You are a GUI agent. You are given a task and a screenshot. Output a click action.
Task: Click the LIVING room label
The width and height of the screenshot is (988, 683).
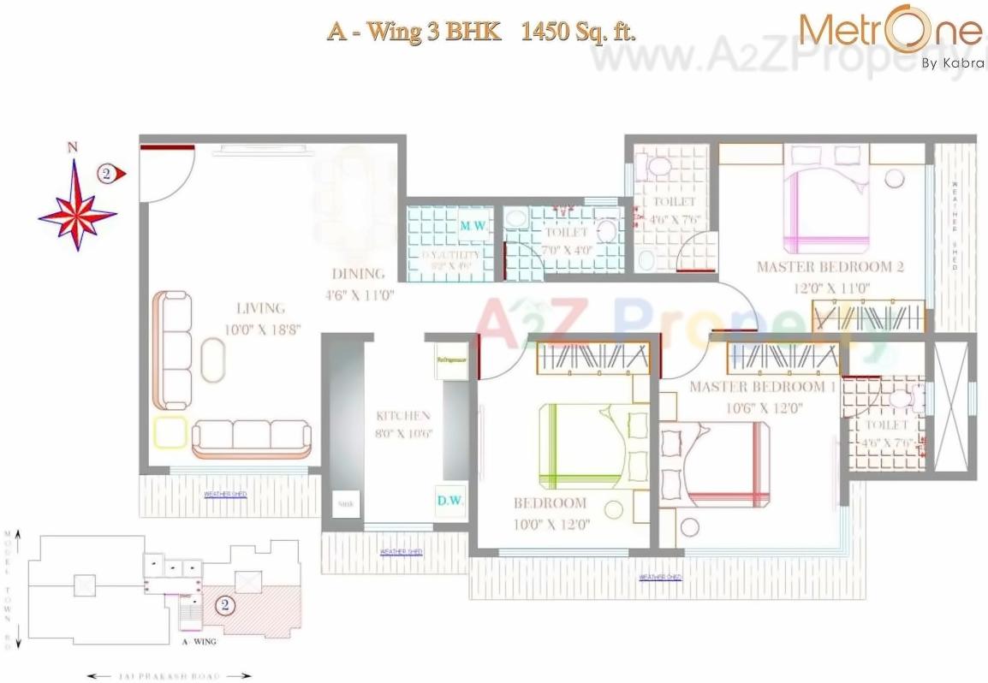(x=261, y=308)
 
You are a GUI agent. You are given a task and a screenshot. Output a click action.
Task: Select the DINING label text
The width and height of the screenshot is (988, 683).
(x=359, y=275)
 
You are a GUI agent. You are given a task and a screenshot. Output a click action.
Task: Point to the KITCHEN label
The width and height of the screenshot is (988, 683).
(x=403, y=416)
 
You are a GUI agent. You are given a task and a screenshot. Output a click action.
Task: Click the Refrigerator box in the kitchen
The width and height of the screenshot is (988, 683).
(x=451, y=361)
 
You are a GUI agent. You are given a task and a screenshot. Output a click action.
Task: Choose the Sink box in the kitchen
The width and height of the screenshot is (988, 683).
(x=345, y=504)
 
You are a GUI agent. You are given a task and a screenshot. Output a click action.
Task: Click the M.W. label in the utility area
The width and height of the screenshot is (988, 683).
(x=473, y=226)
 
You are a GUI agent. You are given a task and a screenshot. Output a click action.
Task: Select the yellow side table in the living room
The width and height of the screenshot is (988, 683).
(x=170, y=433)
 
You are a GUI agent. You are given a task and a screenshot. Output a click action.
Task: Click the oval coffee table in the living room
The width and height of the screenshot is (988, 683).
(x=212, y=359)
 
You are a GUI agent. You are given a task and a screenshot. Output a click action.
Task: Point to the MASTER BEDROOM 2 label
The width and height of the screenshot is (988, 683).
(x=830, y=267)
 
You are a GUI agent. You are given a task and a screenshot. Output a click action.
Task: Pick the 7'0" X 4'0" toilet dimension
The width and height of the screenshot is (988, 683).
(x=565, y=250)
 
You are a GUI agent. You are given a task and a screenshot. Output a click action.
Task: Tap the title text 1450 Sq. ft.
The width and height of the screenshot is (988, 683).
(x=579, y=32)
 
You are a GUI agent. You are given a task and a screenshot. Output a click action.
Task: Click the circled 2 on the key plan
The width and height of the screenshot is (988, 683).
(x=223, y=606)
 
